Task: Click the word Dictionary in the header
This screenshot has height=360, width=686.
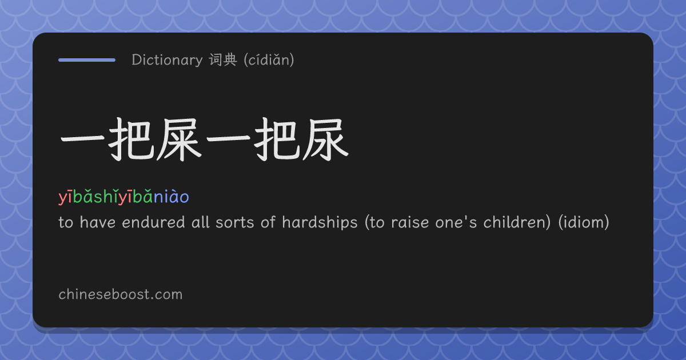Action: (167, 60)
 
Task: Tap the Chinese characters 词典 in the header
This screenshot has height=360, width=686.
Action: (224, 59)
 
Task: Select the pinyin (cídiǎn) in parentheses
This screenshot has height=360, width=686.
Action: (269, 59)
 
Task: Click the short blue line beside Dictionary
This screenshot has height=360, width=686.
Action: (87, 60)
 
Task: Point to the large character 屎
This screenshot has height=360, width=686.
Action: (180, 139)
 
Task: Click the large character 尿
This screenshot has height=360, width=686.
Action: (326, 139)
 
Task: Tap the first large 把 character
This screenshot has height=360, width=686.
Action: (131, 139)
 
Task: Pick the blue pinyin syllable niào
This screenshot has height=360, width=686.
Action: (171, 197)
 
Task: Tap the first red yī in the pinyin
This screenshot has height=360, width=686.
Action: (65, 197)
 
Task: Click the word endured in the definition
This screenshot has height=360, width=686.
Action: (153, 222)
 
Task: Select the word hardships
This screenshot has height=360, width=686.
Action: (320, 222)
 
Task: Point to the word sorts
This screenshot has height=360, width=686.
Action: (235, 222)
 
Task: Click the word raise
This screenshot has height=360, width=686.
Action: (410, 222)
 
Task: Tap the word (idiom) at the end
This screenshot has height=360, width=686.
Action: (584, 222)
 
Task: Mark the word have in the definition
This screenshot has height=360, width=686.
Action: (97, 222)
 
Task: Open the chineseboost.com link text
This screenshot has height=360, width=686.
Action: (121, 294)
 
